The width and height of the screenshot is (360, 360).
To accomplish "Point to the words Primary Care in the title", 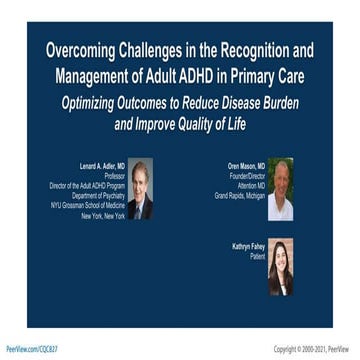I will click(274, 73).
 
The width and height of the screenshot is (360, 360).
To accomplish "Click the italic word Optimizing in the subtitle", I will click(98, 103).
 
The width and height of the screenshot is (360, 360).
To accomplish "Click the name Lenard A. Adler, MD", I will click(103, 165).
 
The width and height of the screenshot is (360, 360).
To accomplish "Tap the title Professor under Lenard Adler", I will click(113, 175).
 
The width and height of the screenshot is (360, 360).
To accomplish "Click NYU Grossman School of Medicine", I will click(88, 205).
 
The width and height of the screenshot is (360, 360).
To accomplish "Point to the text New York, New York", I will click(103, 215).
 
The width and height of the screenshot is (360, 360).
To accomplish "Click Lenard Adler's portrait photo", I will click(141, 187).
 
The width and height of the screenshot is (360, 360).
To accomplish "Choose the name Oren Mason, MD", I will click(245, 165).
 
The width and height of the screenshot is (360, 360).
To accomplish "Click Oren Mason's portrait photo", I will click(280, 187).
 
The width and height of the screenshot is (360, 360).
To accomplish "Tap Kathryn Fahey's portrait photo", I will click(280, 265).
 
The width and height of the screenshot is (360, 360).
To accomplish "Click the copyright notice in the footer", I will click(313, 349).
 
